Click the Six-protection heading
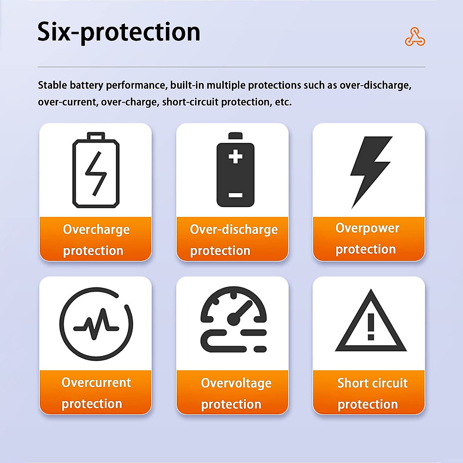119,32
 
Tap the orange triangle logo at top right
415,37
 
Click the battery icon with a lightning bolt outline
96,171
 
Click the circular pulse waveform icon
96,324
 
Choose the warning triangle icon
371,323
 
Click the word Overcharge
96,230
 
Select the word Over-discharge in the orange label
234,230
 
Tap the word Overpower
367,228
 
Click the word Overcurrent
96,382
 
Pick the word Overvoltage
236,383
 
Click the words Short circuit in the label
372,383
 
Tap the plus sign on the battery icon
235,157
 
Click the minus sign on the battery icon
235,195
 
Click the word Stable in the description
52,85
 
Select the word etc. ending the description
283,102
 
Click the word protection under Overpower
365,250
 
